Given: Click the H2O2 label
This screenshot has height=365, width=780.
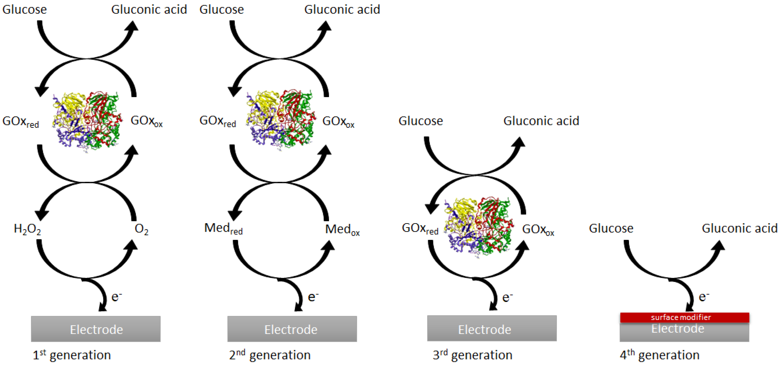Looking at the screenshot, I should coord(27,229).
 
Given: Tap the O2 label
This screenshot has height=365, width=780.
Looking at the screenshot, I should coord(141,229).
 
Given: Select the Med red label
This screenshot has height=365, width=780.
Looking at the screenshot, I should coord(223,229).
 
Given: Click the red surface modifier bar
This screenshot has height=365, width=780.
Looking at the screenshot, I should coord(684,317).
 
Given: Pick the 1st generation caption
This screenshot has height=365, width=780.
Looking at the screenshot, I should coord(72,355).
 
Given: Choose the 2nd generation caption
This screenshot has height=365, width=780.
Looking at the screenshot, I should coord(270,355).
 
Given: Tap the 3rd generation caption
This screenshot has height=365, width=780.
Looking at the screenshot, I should coord(472,355).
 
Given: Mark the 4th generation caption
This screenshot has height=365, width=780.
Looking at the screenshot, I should coord(659,355).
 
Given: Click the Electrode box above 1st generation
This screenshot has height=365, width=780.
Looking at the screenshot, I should coord(96,329).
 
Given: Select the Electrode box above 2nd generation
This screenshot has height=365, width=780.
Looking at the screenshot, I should coord(292,329).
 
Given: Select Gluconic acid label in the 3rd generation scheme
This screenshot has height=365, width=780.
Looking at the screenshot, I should coord(541,121).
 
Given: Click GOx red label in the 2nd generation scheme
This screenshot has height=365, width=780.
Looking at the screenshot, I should coord(218,121).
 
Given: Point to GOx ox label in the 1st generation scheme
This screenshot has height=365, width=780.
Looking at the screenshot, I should coord(147,121).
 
